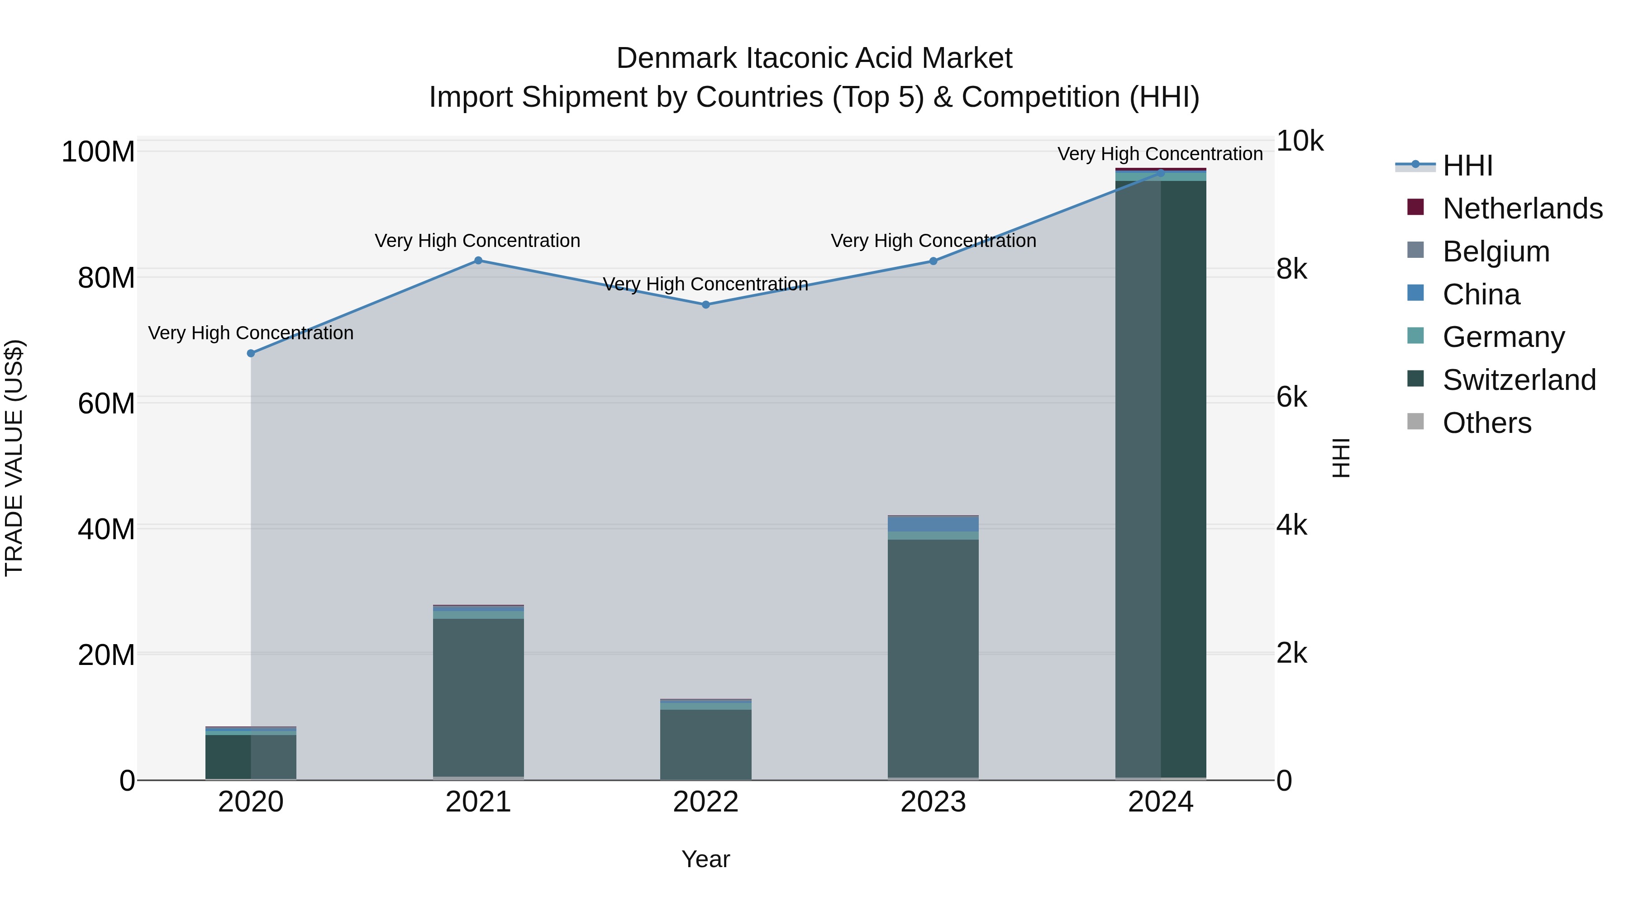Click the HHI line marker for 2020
(x=251, y=353)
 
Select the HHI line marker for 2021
(x=478, y=261)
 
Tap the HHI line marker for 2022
(x=706, y=305)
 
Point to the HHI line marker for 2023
(x=934, y=261)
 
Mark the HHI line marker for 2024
(x=1160, y=173)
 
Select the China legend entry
(x=1481, y=294)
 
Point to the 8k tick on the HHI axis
(x=1291, y=269)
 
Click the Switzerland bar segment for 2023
(x=934, y=657)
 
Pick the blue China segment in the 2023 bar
(x=934, y=525)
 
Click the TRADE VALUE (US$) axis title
(x=14, y=458)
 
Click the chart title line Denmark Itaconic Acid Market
(x=814, y=58)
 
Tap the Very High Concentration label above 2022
(x=706, y=285)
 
